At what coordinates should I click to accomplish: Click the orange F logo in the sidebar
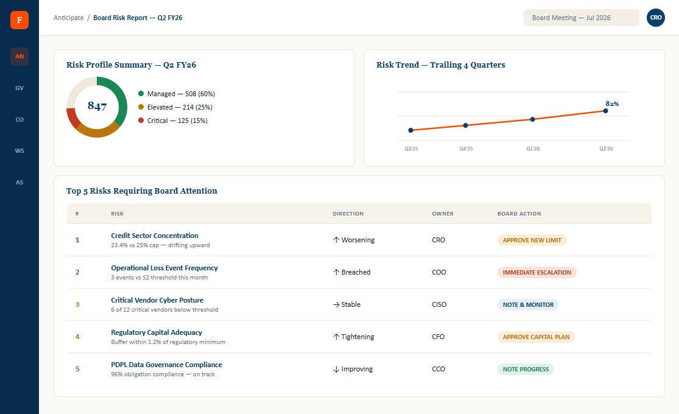point(19,20)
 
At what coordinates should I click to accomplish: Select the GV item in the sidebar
point(19,88)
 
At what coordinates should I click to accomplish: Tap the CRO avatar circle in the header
point(656,18)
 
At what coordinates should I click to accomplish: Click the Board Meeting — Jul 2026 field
point(581,18)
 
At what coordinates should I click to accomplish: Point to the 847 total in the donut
point(97,106)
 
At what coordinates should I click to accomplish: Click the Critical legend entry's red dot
point(141,121)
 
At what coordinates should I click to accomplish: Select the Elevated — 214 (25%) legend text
point(180,107)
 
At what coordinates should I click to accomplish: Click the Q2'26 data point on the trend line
point(605,111)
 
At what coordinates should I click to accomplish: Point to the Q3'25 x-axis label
point(412,149)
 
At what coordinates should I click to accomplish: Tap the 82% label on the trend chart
point(612,103)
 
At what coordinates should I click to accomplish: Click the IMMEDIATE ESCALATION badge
point(537,272)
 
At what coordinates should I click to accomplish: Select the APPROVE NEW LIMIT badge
point(532,240)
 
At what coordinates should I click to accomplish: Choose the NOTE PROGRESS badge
point(526,369)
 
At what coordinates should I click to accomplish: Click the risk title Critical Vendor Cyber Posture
point(157,300)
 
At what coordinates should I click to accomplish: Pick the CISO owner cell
point(439,304)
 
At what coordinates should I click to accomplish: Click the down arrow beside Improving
point(336,370)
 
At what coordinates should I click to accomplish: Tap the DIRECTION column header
point(348,214)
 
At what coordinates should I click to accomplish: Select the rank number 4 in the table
point(77,337)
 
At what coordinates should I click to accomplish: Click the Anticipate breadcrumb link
point(68,18)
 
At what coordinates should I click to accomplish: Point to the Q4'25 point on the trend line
point(465,125)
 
